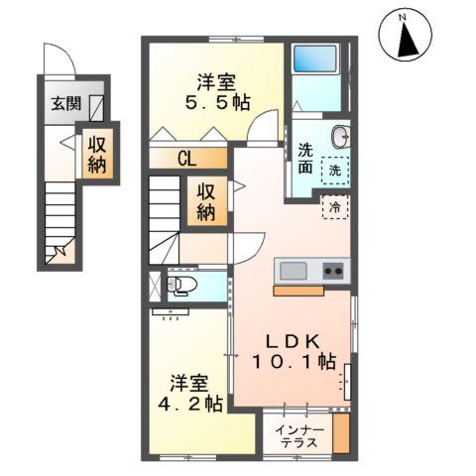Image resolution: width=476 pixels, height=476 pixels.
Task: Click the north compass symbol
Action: (x=404, y=38)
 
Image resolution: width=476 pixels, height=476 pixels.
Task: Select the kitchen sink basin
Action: (x=296, y=271)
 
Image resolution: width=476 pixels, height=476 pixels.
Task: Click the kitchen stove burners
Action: (x=333, y=270)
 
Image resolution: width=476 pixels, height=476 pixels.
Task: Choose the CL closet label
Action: (x=188, y=157)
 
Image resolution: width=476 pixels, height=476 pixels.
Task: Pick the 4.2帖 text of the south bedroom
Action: (x=188, y=405)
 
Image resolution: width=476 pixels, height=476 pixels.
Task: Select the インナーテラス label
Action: (x=298, y=435)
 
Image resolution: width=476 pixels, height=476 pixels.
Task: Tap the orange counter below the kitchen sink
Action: (x=298, y=292)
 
